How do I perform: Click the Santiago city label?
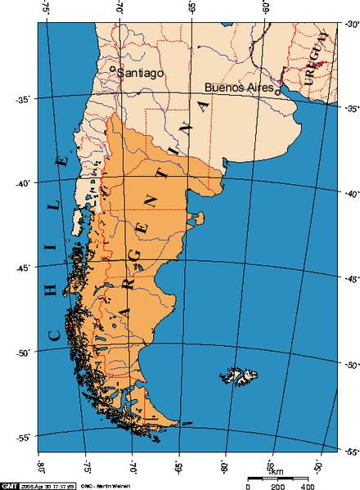[141, 73]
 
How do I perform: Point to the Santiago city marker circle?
[113, 71]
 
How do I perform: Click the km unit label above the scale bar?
[277, 471]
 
